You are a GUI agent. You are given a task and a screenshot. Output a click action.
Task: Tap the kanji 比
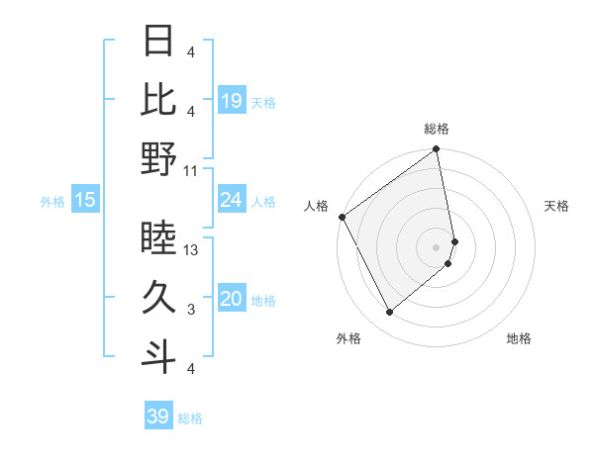coord(159,98)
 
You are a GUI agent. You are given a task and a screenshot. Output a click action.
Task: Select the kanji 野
coord(159,158)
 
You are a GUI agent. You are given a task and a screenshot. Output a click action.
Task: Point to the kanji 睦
coord(159,238)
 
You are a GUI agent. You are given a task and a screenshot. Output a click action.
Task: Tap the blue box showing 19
coord(232,101)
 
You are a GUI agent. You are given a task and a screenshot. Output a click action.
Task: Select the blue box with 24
coord(232,201)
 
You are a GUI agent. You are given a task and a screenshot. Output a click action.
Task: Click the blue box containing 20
coord(232,300)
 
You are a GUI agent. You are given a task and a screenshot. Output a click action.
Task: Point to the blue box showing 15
coord(85,201)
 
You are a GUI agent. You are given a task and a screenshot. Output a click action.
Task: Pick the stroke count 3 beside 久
coord(190,310)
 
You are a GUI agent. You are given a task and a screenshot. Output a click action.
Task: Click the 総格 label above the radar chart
coord(437,129)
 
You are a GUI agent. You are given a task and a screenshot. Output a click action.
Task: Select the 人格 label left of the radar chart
coord(316,206)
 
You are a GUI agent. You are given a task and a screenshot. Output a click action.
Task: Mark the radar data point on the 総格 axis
coord(437,150)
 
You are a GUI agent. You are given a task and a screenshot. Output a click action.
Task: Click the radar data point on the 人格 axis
coord(342,217)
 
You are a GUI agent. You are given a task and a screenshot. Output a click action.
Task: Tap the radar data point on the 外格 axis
coord(389,313)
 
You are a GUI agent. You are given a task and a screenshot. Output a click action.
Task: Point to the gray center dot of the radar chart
coord(437,247)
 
